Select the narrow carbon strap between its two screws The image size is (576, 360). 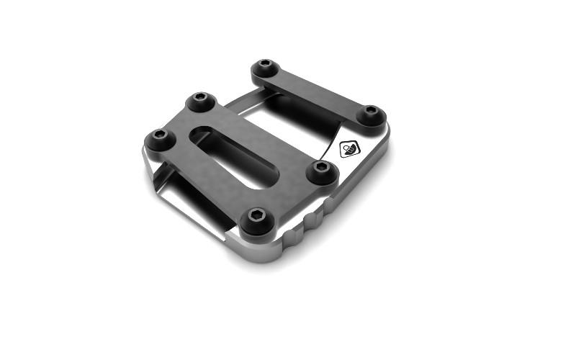[x=317, y=91]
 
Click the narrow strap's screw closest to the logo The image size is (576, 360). [x=370, y=112]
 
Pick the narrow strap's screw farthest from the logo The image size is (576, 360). [x=266, y=68]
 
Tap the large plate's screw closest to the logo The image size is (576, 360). [x=321, y=169]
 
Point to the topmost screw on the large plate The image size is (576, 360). [x=202, y=100]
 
